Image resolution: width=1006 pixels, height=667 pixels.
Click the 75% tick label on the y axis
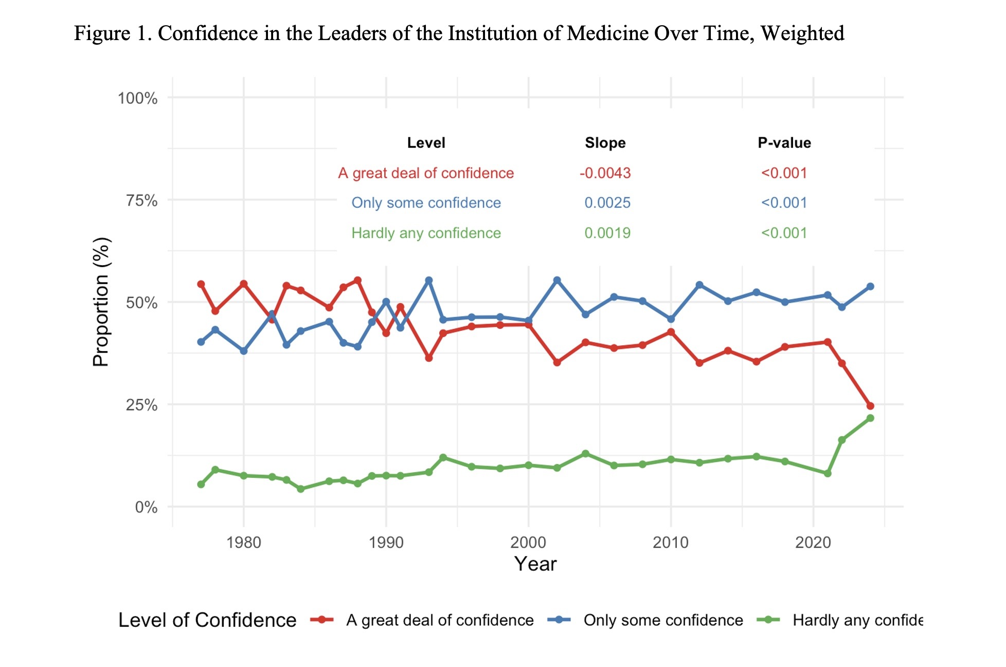pyautogui.click(x=141, y=200)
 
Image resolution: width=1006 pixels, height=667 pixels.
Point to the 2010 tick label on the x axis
pyautogui.click(x=670, y=542)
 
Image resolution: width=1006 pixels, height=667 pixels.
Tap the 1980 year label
pyautogui.click(x=244, y=542)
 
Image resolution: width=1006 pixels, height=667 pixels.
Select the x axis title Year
pyautogui.click(x=535, y=564)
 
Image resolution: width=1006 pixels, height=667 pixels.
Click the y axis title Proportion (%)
pyautogui.click(x=101, y=302)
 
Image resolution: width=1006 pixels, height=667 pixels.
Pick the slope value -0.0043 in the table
pyautogui.click(x=605, y=173)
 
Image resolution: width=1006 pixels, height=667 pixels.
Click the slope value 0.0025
pyautogui.click(x=607, y=203)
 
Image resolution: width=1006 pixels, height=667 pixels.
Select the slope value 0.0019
pyautogui.click(x=607, y=233)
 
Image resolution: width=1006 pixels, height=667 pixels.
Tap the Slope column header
pyautogui.click(x=605, y=143)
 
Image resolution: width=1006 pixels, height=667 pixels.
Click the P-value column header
pyautogui.click(x=784, y=143)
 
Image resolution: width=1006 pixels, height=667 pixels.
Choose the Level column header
pyautogui.click(x=426, y=143)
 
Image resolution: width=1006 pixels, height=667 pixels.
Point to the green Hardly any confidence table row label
pyautogui.click(x=426, y=233)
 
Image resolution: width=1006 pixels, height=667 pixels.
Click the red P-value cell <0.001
pyautogui.click(x=784, y=173)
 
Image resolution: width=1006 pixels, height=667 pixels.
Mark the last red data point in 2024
pyautogui.click(x=870, y=406)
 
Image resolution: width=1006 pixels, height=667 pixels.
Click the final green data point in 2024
pyautogui.click(x=870, y=418)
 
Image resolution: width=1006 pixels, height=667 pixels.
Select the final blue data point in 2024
pyautogui.click(x=870, y=287)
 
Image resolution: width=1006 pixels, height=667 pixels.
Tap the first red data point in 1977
pyautogui.click(x=201, y=284)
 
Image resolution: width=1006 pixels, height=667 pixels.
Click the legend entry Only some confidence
pyautogui.click(x=663, y=620)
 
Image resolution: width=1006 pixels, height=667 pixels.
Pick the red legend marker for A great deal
pyautogui.click(x=322, y=620)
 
